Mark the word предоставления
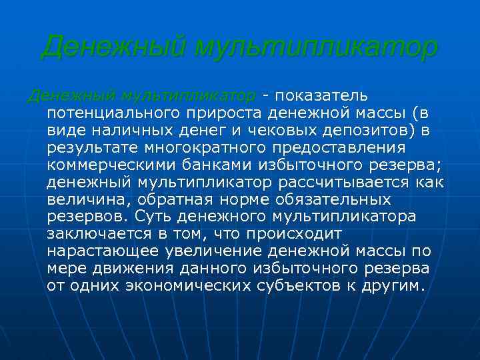click(x=355, y=147)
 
